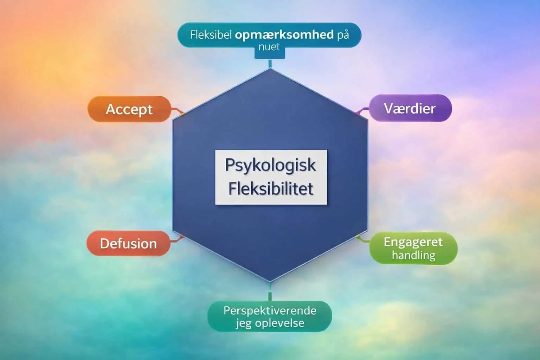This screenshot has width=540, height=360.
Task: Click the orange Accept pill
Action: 129,109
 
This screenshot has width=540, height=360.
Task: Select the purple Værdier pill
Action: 410,108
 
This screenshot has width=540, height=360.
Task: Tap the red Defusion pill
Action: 128,244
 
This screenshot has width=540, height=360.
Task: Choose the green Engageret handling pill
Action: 413,248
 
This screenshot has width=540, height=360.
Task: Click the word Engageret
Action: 413,242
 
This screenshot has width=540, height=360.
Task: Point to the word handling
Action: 413,255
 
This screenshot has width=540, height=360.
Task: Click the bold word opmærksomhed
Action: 284,34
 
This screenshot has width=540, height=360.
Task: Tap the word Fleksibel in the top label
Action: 211,35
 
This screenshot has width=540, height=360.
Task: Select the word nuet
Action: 269,47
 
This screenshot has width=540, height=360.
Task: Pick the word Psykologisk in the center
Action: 270,165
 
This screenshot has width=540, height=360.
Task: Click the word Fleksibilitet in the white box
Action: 271,189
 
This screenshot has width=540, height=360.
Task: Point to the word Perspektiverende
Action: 270,310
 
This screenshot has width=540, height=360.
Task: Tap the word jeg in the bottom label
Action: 243,323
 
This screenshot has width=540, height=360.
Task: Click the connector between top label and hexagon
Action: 270,63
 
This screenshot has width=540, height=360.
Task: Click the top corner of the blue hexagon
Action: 270,69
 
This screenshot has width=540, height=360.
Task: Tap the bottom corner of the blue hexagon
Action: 270,281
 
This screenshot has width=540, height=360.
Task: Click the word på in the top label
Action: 343,35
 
